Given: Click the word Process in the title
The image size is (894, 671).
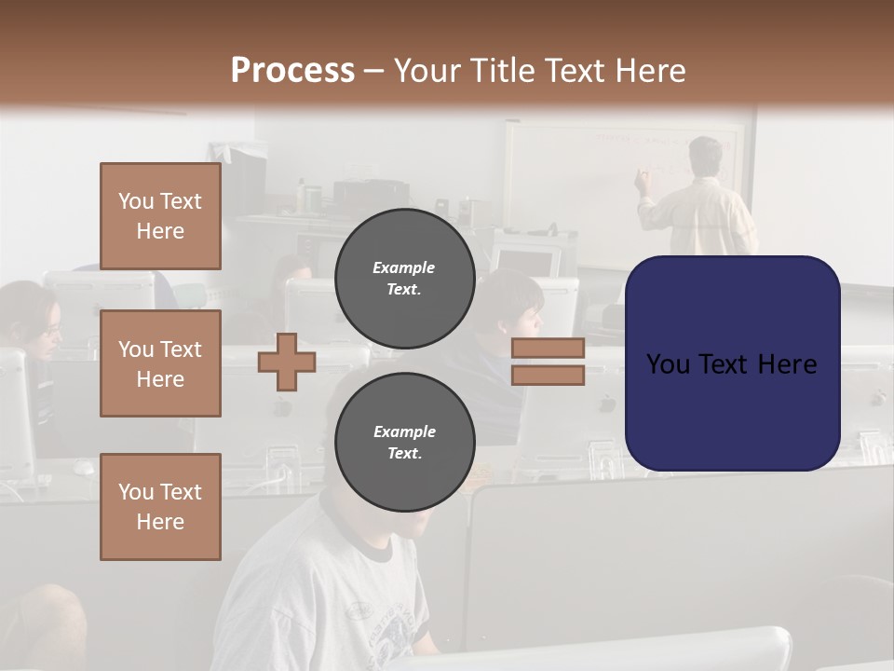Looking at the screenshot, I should (x=292, y=71).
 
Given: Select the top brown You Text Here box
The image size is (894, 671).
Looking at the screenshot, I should (x=160, y=216).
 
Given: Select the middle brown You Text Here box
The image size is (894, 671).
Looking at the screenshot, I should (x=160, y=363).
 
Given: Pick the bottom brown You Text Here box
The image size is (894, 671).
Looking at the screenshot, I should (x=160, y=506).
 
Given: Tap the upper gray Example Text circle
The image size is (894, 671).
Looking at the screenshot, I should (x=404, y=278).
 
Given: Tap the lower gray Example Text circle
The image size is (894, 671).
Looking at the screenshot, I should (x=404, y=442).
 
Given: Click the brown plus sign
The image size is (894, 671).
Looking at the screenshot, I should (x=287, y=363).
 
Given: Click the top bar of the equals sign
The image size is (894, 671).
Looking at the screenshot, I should (x=548, y=349).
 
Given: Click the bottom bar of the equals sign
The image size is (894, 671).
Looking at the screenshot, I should (x=548, y=376).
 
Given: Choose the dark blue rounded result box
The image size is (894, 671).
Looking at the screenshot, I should (x=732, y=363).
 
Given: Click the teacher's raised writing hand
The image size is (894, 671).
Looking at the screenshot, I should (x=642, y=177).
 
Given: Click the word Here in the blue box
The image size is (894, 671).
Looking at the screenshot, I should (x=788, y=364).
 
